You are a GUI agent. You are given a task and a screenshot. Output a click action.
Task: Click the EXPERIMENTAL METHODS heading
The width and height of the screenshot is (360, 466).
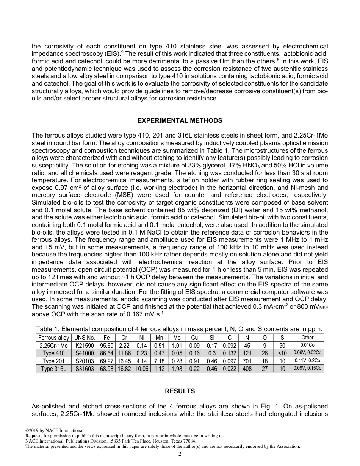[x=180, y=121]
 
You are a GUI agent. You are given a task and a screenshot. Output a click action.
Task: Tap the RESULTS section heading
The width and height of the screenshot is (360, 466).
[x=180, y=391]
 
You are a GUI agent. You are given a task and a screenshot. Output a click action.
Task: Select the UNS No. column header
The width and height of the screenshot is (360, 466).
[x=84, y=338]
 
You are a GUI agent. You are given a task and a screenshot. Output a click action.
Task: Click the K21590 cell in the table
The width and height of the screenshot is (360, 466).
[x=84, y=346]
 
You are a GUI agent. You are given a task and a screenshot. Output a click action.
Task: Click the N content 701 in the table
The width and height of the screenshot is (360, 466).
[x=247, y=361]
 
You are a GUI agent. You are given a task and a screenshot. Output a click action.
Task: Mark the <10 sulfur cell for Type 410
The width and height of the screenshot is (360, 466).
[x=282, y=353]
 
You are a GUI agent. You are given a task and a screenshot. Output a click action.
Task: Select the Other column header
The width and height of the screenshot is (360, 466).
[x=307, y=338]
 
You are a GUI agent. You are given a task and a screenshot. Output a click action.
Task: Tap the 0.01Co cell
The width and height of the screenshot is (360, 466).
[x=307, y=346]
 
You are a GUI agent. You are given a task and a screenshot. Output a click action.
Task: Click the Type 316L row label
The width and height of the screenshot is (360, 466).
[x=53, y=369]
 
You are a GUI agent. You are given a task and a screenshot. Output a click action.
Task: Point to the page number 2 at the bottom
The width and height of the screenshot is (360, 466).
[x=180, y=454]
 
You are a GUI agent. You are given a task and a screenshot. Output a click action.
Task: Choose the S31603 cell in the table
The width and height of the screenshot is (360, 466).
[x=84, y=369]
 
